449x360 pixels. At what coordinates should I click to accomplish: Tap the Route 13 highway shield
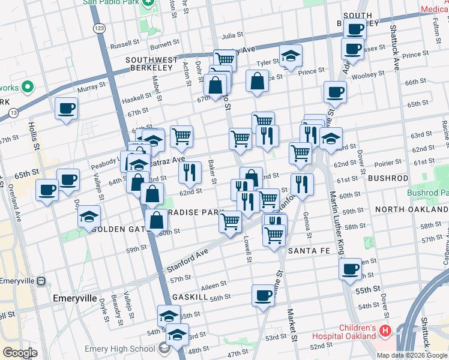13,112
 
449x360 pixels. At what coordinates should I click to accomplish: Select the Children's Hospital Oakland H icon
385,330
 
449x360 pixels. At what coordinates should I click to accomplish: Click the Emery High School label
129,349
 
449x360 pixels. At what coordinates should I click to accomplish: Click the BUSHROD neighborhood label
388,178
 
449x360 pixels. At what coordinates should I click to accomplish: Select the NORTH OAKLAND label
411,210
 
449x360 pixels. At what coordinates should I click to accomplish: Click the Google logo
20,353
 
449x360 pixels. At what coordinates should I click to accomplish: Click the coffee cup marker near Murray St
66,109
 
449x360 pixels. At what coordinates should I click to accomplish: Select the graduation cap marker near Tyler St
291,56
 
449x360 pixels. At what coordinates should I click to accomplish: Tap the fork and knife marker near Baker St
190,172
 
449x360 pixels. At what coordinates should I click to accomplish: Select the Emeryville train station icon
41,281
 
